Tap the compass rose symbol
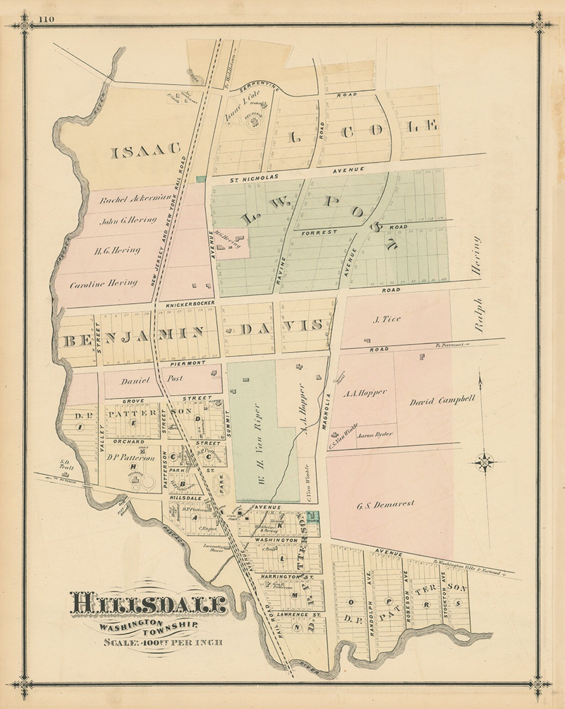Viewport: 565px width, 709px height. [485, 462]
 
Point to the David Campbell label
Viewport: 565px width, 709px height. [442, 401]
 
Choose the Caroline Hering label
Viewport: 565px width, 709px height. [104, 284]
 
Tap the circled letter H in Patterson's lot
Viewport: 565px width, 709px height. [134, 466]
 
